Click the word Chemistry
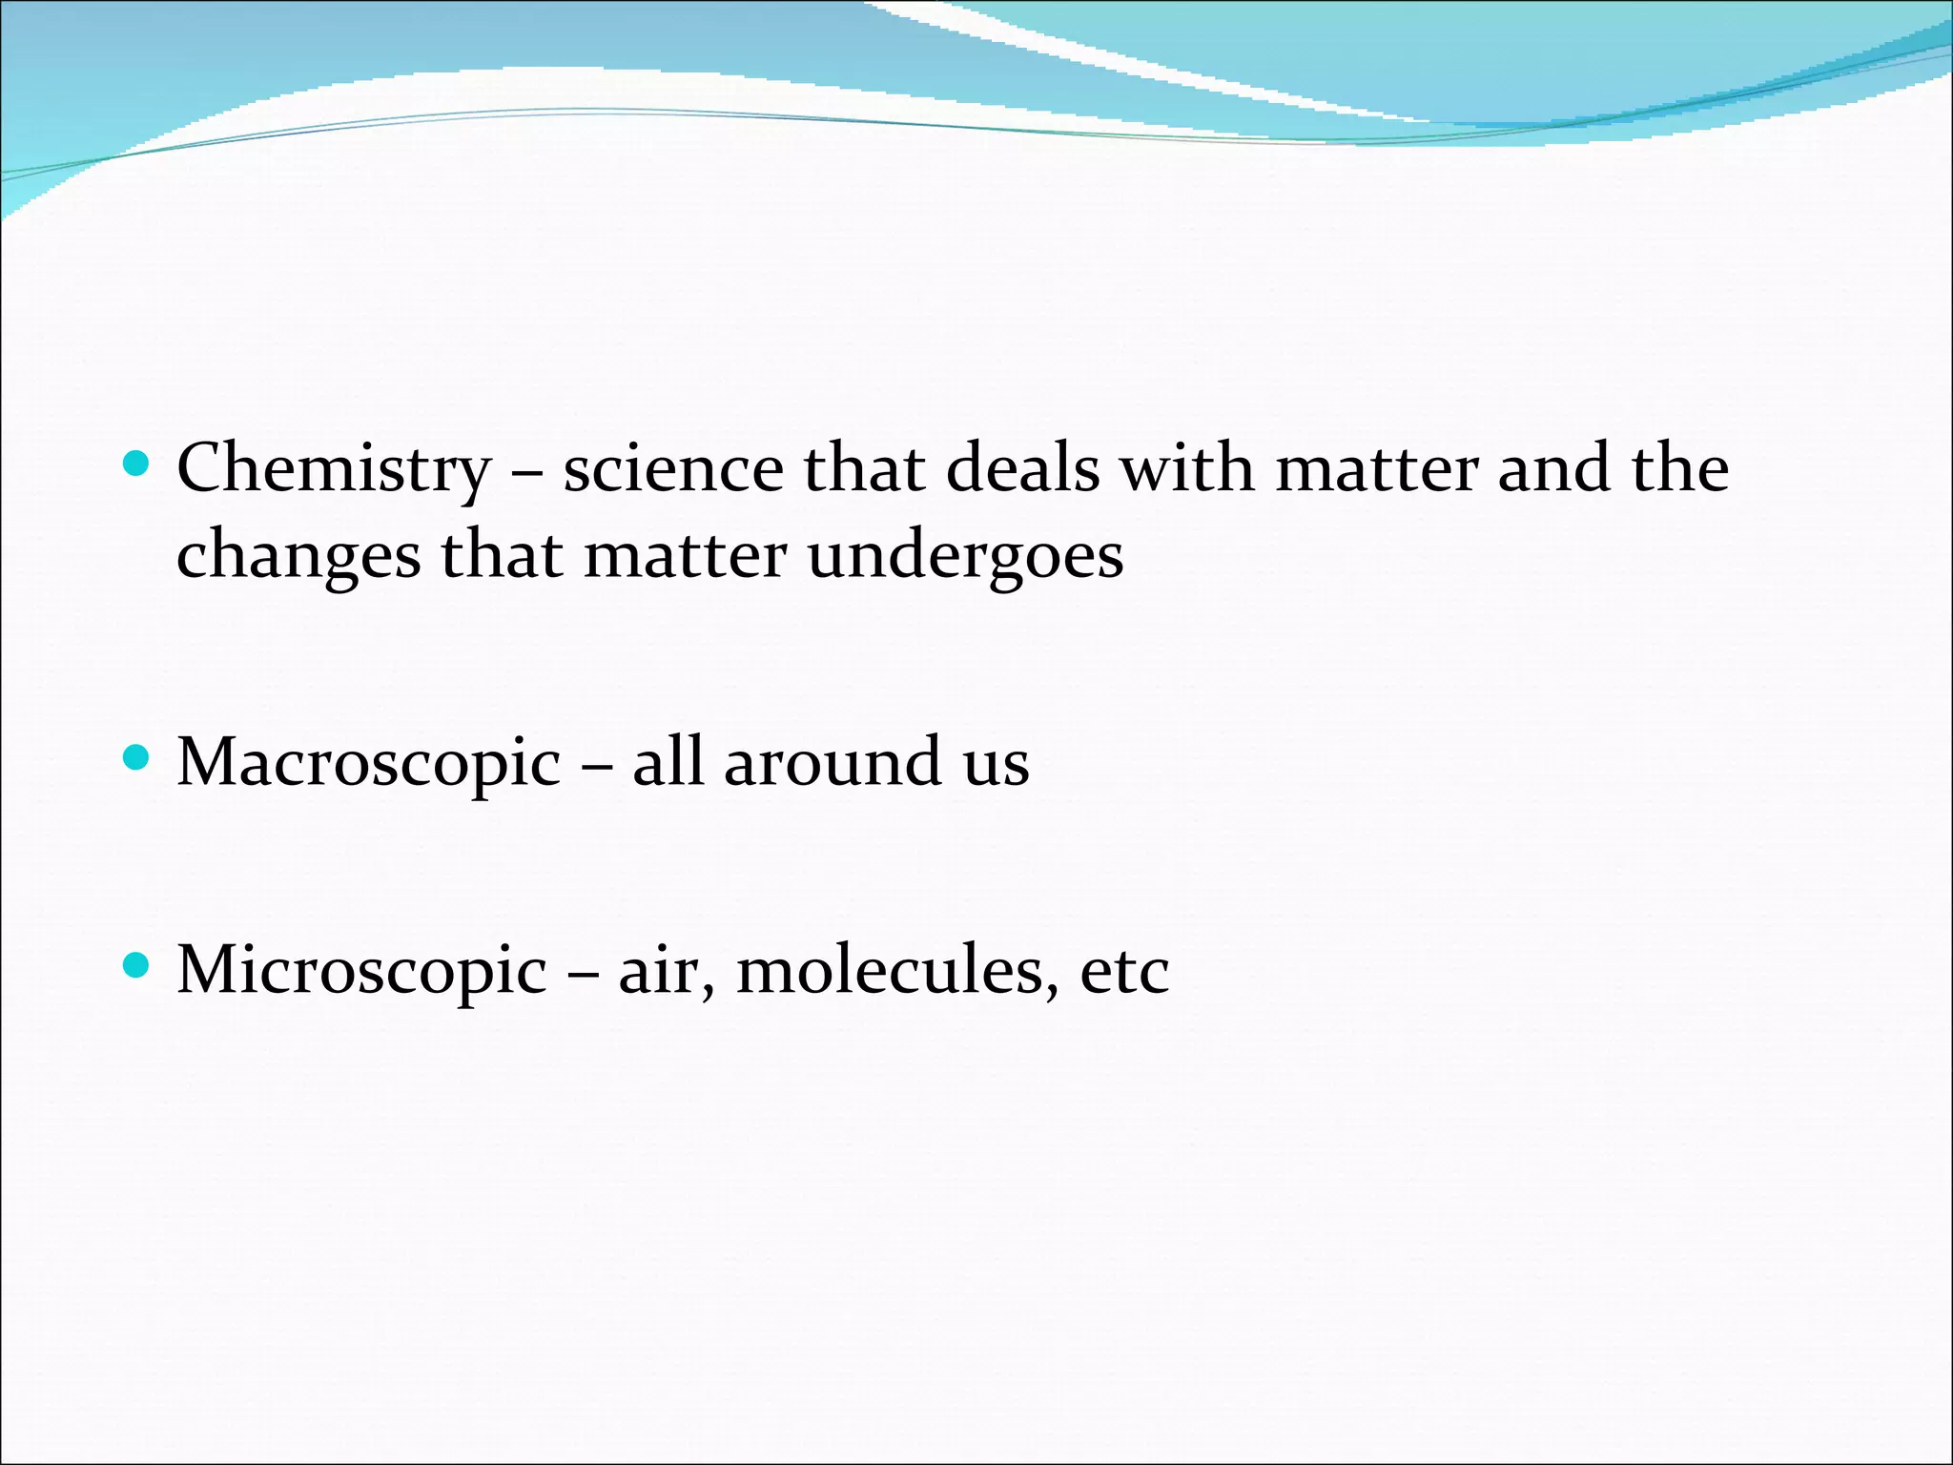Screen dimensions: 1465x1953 click(x=334, y=470)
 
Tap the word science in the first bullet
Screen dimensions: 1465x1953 click(x=673, y=468)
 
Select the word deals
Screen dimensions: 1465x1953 click(x=1022, y=468)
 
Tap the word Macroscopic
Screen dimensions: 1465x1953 click(x=369, y=764)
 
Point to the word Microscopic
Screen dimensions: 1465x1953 click(x=362, y=972)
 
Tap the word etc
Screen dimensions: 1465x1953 click(x=1124, y=972)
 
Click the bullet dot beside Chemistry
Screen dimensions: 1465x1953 click(x=137, y=464)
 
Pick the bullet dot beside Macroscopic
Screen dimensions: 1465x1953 click(x=137, y=758)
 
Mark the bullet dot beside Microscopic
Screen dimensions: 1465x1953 click(x=137, y=966)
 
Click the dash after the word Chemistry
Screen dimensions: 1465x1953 click(x=527, y=470)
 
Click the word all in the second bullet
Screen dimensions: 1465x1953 click(x=668, y=763)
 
